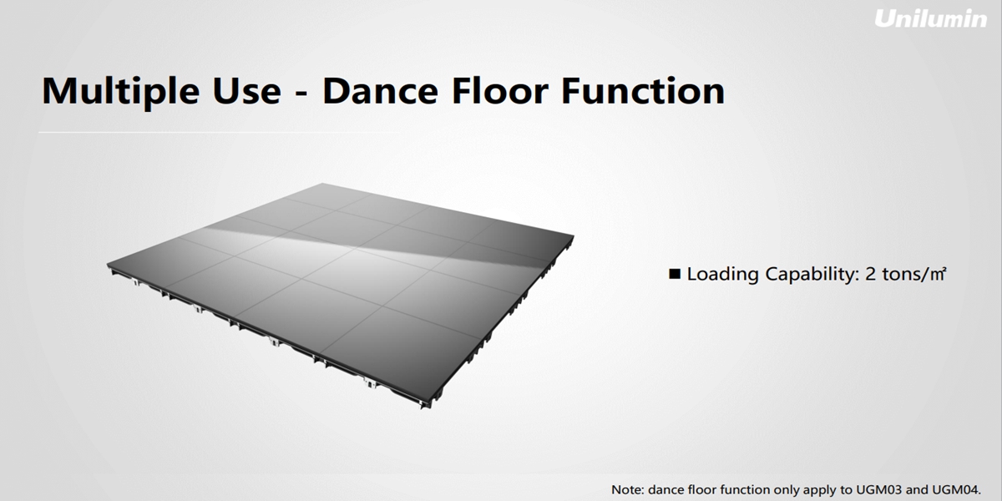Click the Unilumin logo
[930, 18]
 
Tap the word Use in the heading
[246, 92]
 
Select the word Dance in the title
[380, 92]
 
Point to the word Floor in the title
[499, 91]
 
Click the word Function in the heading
[643, 91]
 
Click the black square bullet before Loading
[675, 274]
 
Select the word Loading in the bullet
[722, 275]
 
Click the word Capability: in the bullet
[812, 275]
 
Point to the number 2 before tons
[870, 274]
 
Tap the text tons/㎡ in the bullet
[913, 274]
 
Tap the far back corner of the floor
[323, 184]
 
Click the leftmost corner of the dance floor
[108, 265]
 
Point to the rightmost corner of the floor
[574, 235]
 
